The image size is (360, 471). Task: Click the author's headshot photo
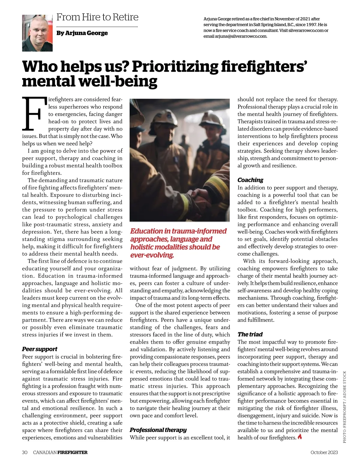[x=37, y=33]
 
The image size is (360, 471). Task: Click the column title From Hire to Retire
[x=97, y=17]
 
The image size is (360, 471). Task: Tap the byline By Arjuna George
[x=82, y=33]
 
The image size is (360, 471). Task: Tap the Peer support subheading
[x=40, y=349]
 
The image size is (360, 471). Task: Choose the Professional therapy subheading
[x=158, y=430]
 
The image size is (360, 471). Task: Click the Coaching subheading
[x=250, y=180]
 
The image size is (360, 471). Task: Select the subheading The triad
[x=250, y=334]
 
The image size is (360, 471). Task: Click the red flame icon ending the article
[x=300, y=437]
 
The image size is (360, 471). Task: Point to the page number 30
[x=25, y=452]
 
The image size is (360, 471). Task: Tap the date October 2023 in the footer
[x=324, y=452]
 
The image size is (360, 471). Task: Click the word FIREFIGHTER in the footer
[x=72, y=452]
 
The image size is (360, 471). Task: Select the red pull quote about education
[x=178, y=243]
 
